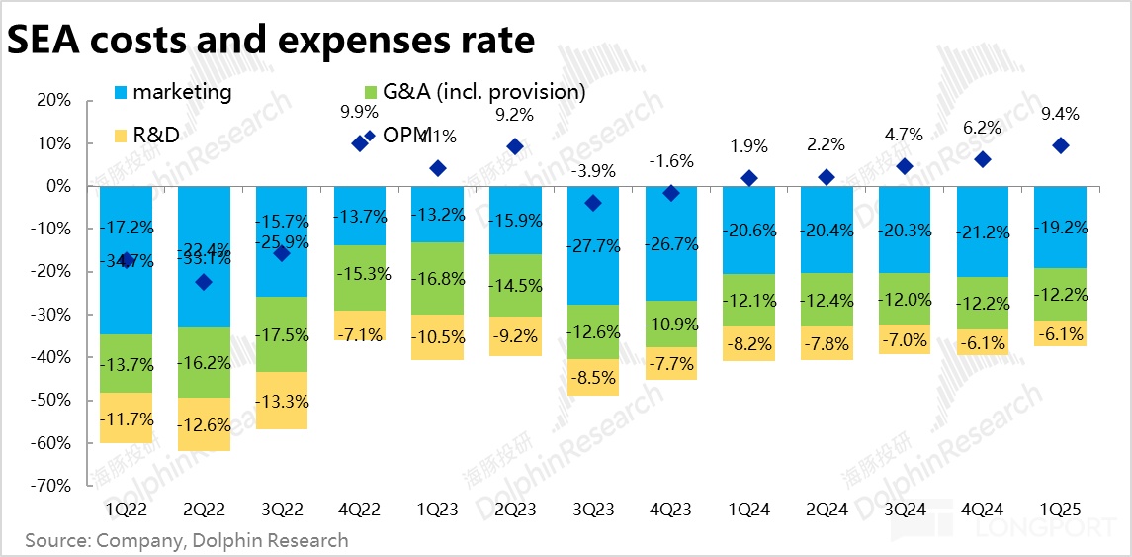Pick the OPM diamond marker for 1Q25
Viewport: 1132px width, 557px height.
[x=1061, y=145]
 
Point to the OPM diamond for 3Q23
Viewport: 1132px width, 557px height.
[x=592, y=203]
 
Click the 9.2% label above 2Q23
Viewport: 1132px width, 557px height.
[x=514, y=115]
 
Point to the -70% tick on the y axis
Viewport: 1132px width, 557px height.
[x=52, y=486]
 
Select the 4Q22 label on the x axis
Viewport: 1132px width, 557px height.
[x=359, y=509]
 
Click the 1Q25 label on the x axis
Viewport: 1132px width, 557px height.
[x=1061, y=509]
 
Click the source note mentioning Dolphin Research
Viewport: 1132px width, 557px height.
[x=187, y=540]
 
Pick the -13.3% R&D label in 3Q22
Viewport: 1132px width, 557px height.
[x=282, y=401]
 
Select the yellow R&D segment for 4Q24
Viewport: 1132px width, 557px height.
[x=983, y=342]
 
